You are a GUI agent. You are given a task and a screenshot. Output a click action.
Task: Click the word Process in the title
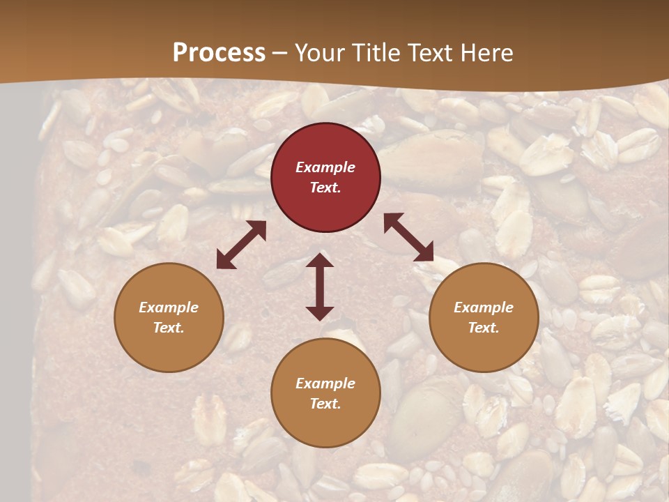coord(219,53)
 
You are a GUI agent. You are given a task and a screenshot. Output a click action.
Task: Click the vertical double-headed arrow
coord(320,287)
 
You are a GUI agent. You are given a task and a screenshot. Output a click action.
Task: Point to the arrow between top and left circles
coord(241,245)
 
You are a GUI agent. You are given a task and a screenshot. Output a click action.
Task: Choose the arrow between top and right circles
coord(409,238)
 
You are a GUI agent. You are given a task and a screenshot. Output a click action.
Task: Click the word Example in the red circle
coord(325,167)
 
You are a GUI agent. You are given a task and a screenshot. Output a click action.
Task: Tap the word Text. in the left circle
coord(169,328)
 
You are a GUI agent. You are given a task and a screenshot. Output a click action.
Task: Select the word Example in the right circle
coord(484,307)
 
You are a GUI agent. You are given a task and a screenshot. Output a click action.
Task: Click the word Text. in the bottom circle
coord(325,404)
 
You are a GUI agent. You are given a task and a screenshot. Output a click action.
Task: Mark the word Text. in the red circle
coord(325,188)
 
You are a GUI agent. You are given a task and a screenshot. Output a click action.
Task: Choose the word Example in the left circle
coord(169,307)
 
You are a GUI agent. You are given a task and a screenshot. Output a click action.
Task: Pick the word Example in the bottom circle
coord(325,383)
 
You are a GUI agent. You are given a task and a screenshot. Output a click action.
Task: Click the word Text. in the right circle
coord(484,328)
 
